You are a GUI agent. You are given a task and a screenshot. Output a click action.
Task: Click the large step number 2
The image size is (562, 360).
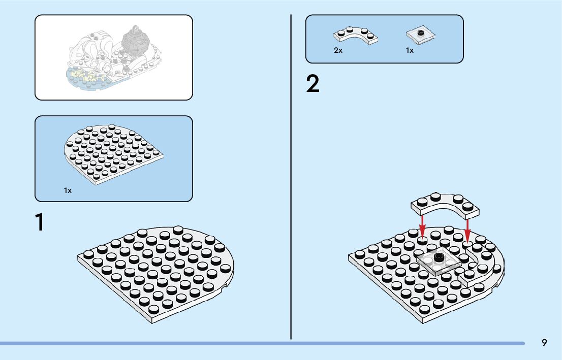[x=313, y=84]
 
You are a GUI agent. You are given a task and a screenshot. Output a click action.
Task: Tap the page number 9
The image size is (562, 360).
[x=544, y=343]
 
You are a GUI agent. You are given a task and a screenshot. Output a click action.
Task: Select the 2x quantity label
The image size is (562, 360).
[x=338, y=50]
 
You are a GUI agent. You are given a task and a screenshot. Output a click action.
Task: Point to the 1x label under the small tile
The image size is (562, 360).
[x=410, y=50]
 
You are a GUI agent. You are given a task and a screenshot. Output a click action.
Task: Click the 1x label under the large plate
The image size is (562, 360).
[x=68, y=190]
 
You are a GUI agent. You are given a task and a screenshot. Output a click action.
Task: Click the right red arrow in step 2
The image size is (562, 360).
[x=467, y=228]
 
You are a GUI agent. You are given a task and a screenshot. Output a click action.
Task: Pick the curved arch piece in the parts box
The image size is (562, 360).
[x=356, y=36]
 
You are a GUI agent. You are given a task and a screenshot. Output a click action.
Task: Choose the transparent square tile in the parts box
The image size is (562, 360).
[x=421, y=35]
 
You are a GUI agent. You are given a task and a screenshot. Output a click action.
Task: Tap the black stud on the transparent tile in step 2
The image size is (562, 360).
[x=438, y=257]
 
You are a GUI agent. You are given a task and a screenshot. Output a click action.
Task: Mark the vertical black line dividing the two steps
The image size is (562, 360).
[x=291, y=178]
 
